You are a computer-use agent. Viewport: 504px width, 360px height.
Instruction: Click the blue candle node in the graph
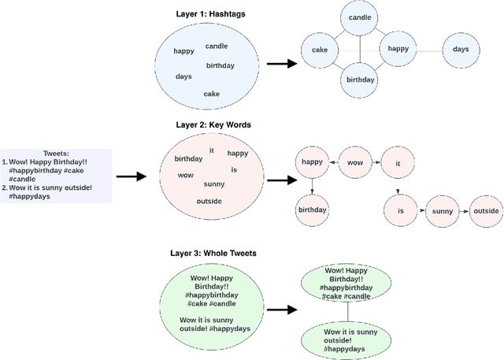point(359,17)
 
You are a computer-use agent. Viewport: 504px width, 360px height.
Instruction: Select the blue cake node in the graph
point(319,50)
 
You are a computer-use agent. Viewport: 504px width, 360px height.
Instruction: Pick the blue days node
point(461,50)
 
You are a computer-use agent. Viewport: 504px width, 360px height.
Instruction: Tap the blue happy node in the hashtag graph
point(398,49)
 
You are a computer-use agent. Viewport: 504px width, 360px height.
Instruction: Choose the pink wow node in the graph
point(355,163)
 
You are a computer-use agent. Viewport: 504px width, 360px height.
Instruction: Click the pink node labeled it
point(398,163)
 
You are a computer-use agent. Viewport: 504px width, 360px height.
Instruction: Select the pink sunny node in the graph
point(443,211)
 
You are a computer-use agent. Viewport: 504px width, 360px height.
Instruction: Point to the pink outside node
point(486,211)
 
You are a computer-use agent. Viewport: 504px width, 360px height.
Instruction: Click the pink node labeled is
point(400,211)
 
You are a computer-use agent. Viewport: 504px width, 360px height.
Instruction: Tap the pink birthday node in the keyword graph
point(312,210)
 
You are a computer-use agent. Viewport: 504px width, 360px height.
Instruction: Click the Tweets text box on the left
point(56,176)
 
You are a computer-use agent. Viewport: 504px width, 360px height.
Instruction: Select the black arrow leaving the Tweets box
point(132,176)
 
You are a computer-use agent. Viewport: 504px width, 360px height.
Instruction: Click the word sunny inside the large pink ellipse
point(213,184)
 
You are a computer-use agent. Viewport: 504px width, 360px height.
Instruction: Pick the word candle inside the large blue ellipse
point(217,46)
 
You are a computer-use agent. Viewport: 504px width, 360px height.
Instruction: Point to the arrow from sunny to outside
point(464,211)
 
